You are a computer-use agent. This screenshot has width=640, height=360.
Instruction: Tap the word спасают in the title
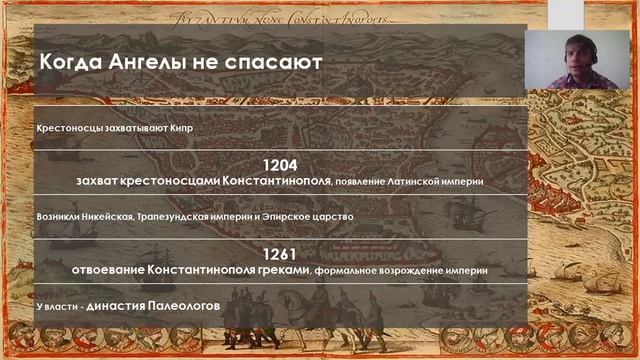[x=275, y=62]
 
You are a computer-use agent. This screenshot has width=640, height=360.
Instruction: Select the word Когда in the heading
[x=70, y=62]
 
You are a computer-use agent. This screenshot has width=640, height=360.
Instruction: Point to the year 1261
[x=280, y=254]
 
